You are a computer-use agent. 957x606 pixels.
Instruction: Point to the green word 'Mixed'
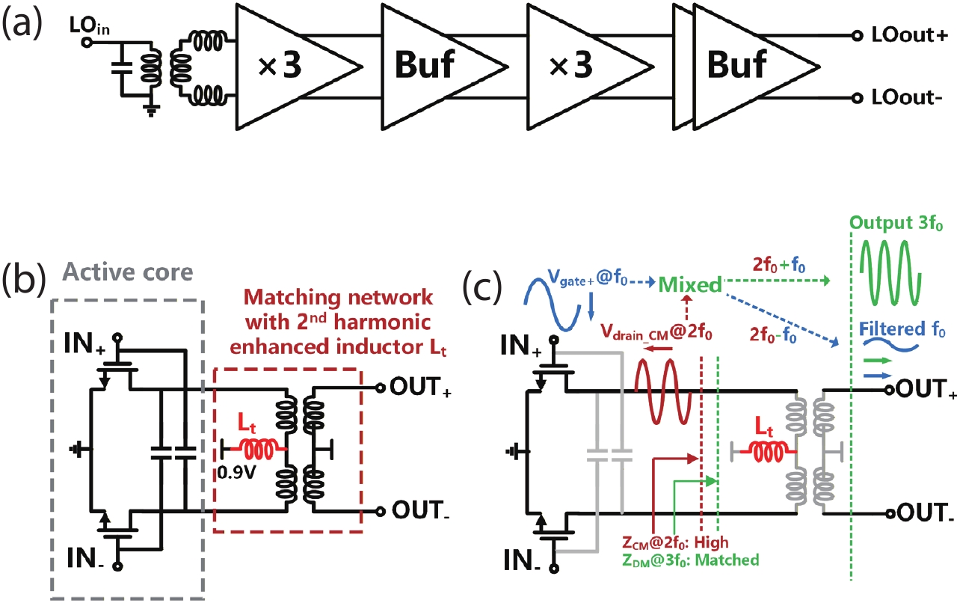click(689, 284)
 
